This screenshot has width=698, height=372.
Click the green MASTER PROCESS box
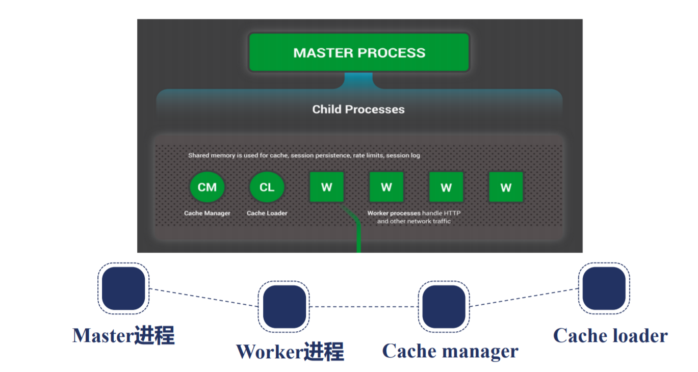(x=359, y=52)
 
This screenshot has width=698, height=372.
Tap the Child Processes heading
(x=358, y=110)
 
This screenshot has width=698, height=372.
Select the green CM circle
(x=207, y=188)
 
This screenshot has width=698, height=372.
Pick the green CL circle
(x=267, y=188)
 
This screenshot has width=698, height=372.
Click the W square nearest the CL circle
(x=326, y=187)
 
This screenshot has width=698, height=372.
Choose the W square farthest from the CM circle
(x=506, y=187)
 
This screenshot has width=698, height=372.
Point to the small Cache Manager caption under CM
(x=207, y=213)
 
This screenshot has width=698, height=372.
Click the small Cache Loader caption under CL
(x=267, y=213)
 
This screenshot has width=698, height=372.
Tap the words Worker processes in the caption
(x=394, y=213)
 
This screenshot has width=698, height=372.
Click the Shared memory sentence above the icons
(x=304, y=155)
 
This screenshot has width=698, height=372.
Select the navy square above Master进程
(x=123, y=288)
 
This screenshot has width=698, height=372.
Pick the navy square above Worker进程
(x=283, y=307)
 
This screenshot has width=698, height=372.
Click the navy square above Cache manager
(x=444, y=307)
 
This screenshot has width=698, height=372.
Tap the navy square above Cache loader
(x=604, y=288)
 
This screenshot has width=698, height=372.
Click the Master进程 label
(x=123, y=336)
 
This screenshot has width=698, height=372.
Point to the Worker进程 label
(x=290, y=352)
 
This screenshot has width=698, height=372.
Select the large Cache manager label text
(x=450, y=351)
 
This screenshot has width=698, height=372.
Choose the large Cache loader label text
(x=610, y=335)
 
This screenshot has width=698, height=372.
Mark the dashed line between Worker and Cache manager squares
(x=364, y=307)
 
